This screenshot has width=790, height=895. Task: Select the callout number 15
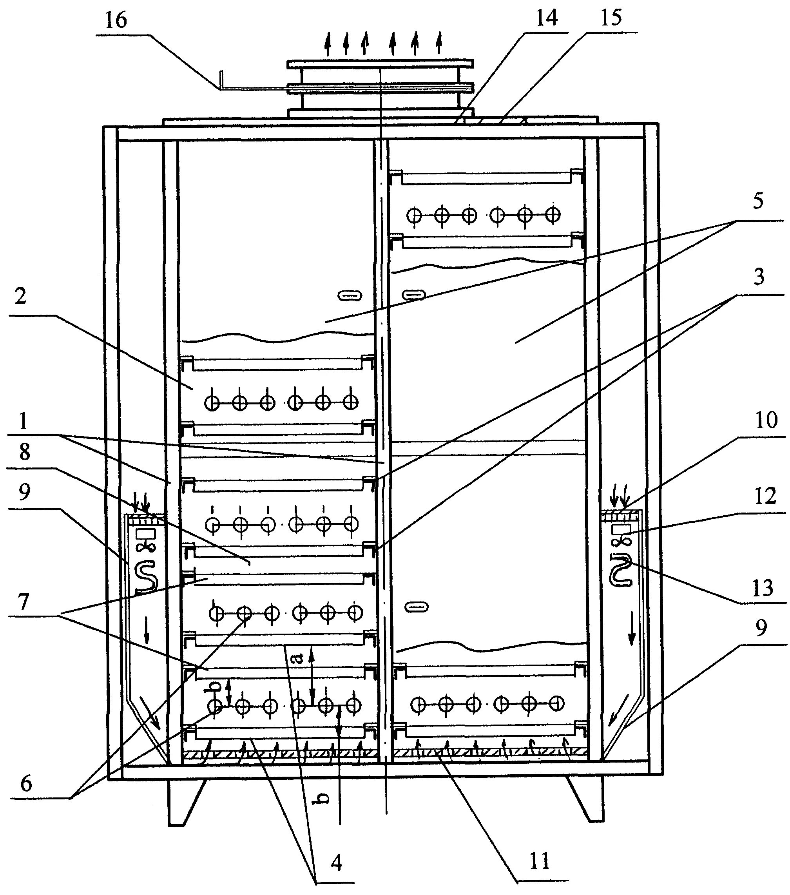(x=611, y=18)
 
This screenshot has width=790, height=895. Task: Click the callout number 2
(x=20, y=296)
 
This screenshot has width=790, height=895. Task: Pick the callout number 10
(x=766, y=420)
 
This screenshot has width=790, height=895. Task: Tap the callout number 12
(x=765, y=496)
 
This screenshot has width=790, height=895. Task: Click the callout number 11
(x=539, y=862)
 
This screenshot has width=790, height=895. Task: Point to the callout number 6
(x=26, y=783)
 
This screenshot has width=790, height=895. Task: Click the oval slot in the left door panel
(x=350, y=296)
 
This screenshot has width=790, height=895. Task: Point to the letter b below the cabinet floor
(x=323, y=798)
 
